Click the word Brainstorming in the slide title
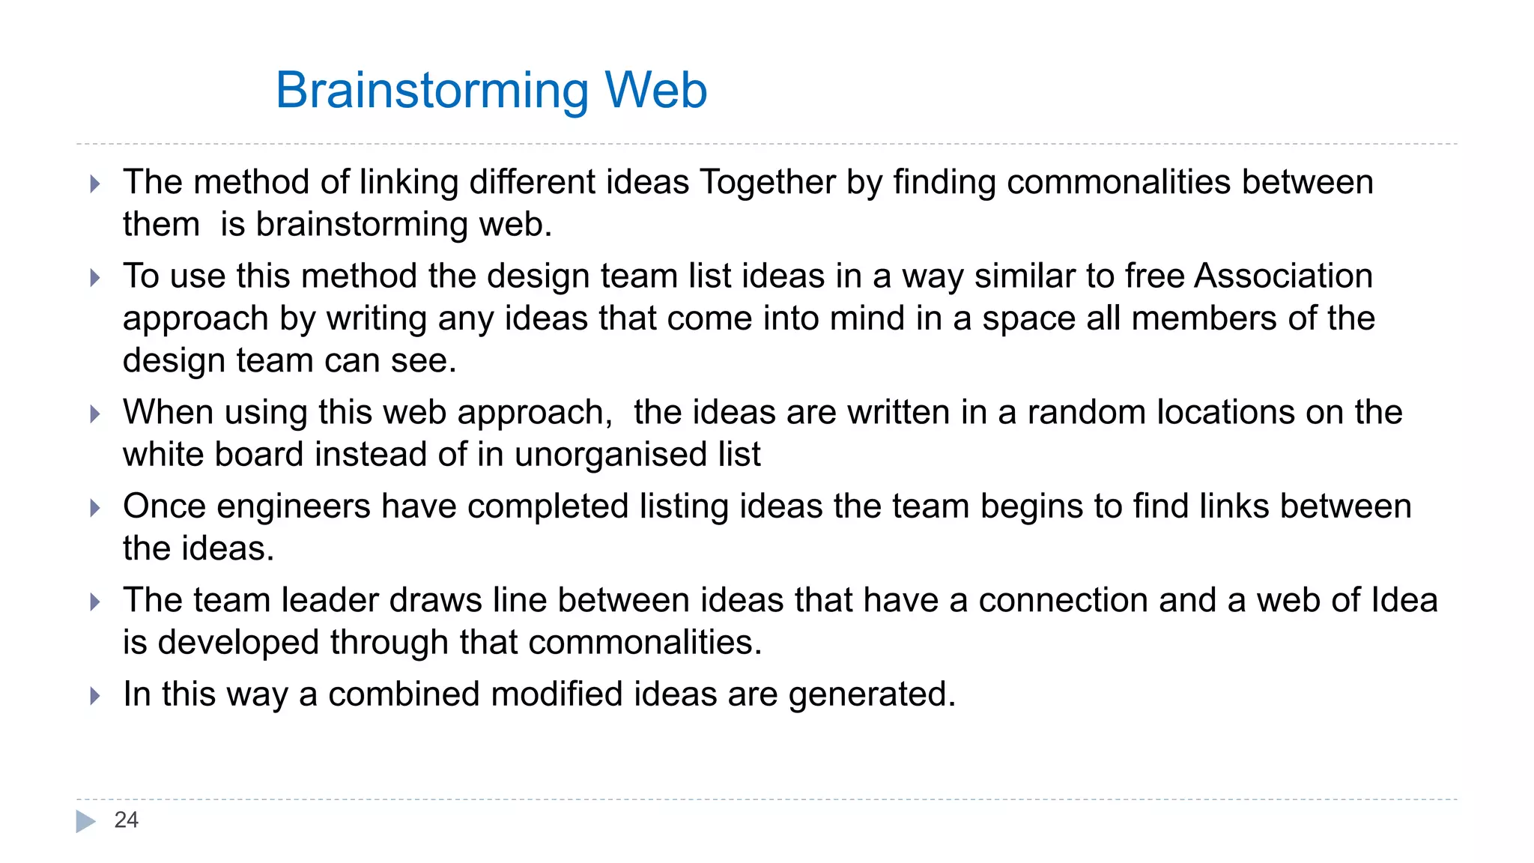432,91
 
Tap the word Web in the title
655,90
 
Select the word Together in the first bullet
767,182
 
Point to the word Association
1283,276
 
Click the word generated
871,695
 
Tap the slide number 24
126,820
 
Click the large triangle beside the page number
85,822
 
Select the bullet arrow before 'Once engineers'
94,508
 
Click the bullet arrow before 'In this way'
94,696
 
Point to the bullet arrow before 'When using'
94,414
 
